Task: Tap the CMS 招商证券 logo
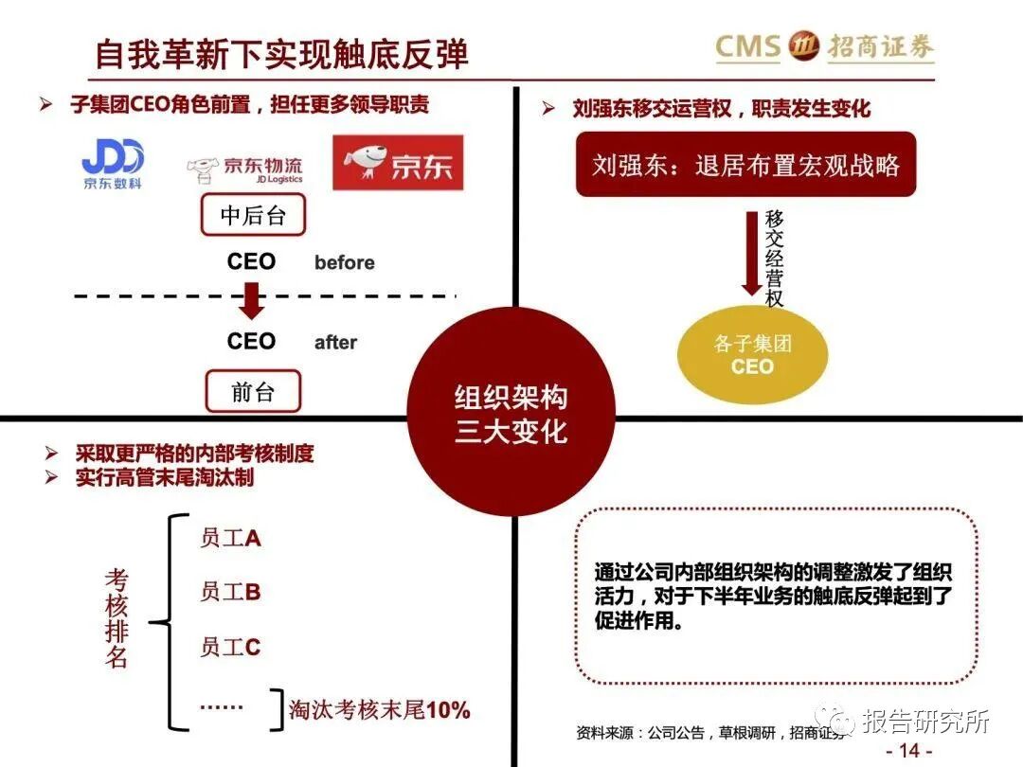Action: point(824,46)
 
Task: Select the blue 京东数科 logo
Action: point(112,163)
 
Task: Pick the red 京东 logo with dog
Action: point(398,163)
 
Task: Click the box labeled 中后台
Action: point(253,216)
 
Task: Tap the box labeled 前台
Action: point(253,391)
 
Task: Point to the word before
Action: point(344,263)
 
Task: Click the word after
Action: point(335,343)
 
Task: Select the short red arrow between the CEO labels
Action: point(252,302)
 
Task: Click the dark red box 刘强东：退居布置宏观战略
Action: point(745,165)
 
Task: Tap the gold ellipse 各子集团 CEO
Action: point(752,354)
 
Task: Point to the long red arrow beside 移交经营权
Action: point(751,253)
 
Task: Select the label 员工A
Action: point(230,538)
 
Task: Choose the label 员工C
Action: point(230,648)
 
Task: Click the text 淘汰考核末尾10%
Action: point(380,709)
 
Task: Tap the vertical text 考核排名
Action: point(116,620)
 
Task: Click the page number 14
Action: point(908,751)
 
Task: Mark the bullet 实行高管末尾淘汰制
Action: point(165,477)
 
